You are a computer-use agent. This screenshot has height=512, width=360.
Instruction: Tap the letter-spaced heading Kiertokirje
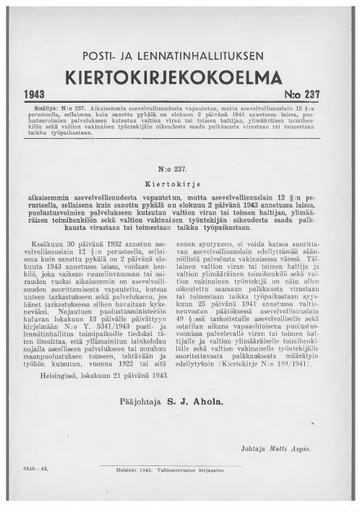(x=181, y=186)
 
